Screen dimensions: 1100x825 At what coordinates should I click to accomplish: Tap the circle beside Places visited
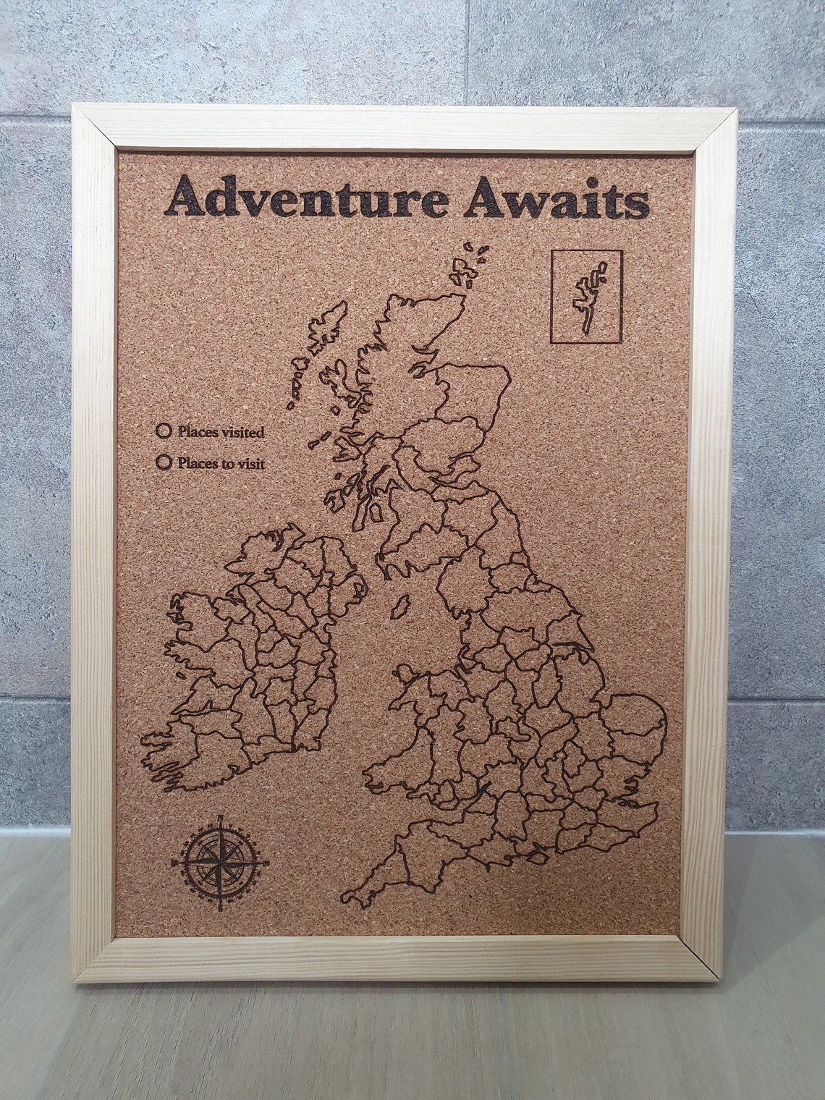click(164, 431)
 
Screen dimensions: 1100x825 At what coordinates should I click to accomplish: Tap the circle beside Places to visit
click(164, 461)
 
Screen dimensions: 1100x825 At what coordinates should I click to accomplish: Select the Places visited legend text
click(220, 432)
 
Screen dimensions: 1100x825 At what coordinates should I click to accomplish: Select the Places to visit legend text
click(220, 462)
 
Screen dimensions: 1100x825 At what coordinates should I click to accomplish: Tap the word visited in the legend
click(240, 432)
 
